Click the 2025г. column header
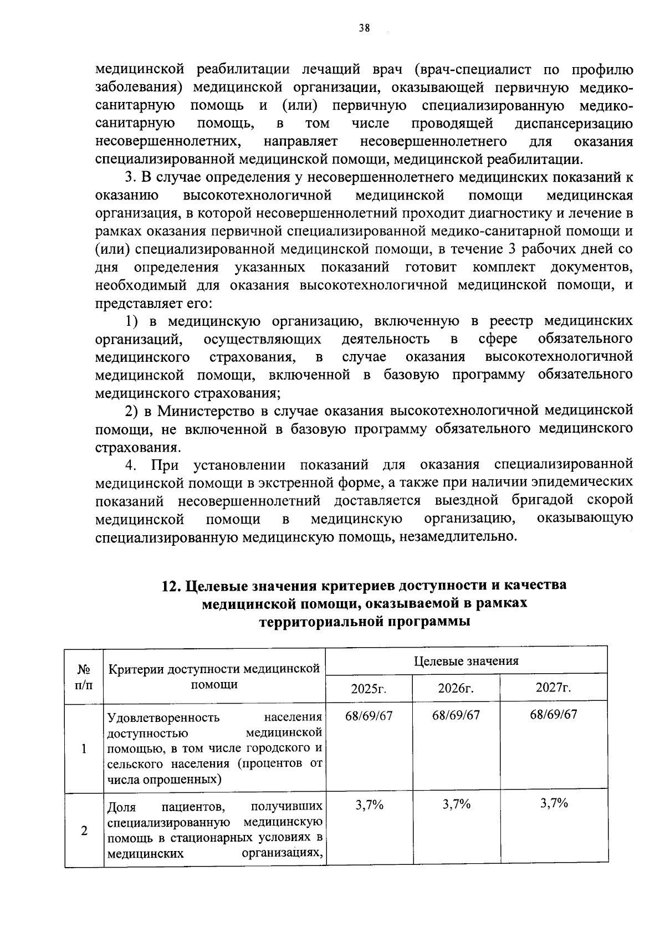[x=369, y=689]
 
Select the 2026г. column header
[x=456, y=689]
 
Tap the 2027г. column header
[x=553, y=688]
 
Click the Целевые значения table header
[x=466, y=660]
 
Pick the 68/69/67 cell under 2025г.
[x=369, y=715]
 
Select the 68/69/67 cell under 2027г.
[x=553, y=715]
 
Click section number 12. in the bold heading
[x=169, y=586]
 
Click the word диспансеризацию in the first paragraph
[x=574, y=123]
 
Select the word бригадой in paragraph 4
[x=542, y=500]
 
